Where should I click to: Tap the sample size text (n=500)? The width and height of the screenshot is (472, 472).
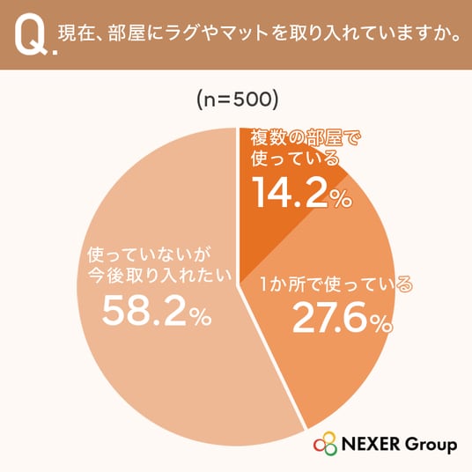tap(237, 100)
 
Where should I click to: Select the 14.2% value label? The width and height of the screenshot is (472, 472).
tap(302, 191)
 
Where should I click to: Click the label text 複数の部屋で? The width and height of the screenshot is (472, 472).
tap(306, 138)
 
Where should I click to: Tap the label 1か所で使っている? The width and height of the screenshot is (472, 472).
tap(336, 284)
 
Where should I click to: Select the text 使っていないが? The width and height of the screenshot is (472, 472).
tap(150, 255)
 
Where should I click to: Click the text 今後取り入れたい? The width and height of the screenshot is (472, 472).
tap(159, 275)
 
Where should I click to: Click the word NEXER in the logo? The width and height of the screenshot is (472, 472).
tap(372, 445)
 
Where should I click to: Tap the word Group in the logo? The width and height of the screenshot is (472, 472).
tap(431, 445)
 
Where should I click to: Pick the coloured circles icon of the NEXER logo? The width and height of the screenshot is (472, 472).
tap(326, 444)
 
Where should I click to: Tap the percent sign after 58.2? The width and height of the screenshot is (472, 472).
tap(203, 317)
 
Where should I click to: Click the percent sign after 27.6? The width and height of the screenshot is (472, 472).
tap(382, 323)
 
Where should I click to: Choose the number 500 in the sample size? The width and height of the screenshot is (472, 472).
tap(252, 100)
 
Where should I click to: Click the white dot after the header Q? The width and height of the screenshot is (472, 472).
tap(55, 52)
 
